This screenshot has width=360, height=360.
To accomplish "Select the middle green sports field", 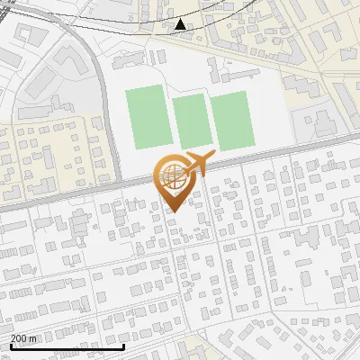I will click(190, 120).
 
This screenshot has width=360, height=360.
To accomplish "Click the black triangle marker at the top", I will click(181, 24).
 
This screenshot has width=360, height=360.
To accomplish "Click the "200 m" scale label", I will click(23, 338).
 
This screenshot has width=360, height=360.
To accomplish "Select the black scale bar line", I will click(67, 346).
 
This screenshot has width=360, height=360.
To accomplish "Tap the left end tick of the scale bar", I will click(11, 345).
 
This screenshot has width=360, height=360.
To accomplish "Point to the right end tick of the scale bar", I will click(123, 345).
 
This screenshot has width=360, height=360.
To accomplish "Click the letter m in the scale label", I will click(32, 338).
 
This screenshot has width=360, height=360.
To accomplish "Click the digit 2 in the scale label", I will click(13, 338).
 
